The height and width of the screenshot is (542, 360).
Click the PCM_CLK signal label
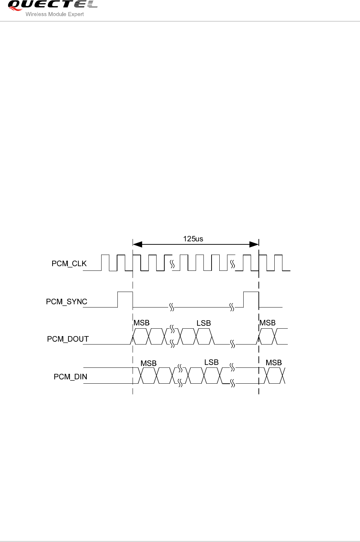(x=69, y=264)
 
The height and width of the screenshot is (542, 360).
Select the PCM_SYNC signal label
(x=67, y=302)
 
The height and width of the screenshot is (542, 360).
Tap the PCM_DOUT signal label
(x=68, y=339)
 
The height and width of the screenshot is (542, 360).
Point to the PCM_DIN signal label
(x=70, y=377)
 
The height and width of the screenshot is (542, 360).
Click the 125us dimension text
(x=193, y=239)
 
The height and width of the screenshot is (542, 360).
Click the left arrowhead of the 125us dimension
(x=137, y=244)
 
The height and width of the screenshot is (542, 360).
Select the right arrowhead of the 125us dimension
(x=254, y=244)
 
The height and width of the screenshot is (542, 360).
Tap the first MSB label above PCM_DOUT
(x=141, y=323)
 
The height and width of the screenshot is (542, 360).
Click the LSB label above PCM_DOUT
(x=203, y=323)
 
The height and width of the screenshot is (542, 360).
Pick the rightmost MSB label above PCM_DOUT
(x=267, y=323)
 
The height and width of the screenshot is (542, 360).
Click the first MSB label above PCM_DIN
(x=148, y=363)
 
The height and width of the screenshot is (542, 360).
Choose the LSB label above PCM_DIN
(x=211, y=363)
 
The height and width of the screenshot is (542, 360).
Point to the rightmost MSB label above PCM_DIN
(x=274, y=363)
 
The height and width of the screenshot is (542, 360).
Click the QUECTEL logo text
(x=52, y=5)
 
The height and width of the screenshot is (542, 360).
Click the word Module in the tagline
(x=57, y=14)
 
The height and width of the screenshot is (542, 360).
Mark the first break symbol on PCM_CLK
(x=172, y=264)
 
